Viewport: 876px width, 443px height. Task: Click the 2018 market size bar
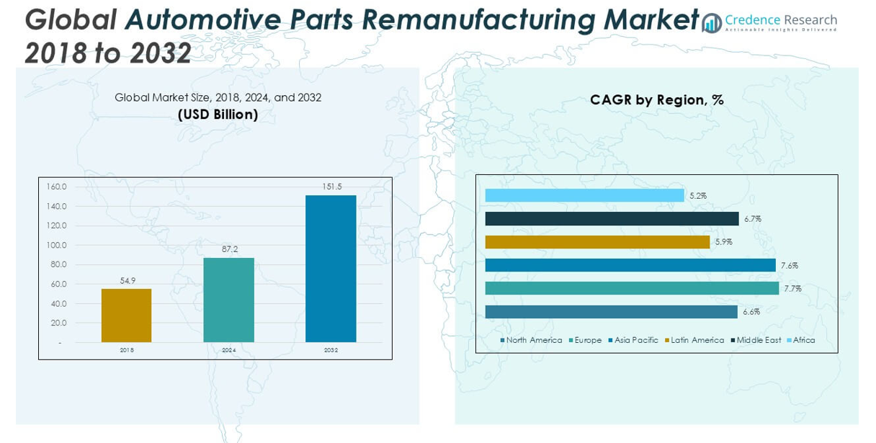[126, 316]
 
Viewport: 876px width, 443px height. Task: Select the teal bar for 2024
[229, 300]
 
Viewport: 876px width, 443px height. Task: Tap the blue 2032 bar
[331, 269]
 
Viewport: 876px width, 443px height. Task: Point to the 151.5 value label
[332, 187]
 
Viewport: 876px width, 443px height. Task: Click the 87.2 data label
[230, 249]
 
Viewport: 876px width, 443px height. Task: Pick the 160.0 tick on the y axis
[56, 187]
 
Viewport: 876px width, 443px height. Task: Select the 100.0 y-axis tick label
[56, 245]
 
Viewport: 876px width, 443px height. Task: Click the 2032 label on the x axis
[331, 350]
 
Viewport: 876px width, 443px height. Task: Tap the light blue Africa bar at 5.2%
[585, 195]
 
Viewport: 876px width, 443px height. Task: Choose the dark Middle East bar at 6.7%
[612, 219]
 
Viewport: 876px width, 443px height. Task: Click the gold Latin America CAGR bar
[597, 242]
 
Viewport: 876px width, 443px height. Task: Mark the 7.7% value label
[793, 289]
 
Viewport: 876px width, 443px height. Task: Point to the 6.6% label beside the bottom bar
[751, 312]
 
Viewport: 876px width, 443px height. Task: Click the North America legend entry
[532, 340]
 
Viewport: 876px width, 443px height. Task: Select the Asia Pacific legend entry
[633, 340]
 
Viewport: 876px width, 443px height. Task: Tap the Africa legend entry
[801, 340]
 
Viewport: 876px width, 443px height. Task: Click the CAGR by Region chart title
[657, 100]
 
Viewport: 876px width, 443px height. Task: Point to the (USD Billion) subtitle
[218, 115]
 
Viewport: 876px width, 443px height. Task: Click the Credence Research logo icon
[712, 23]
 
